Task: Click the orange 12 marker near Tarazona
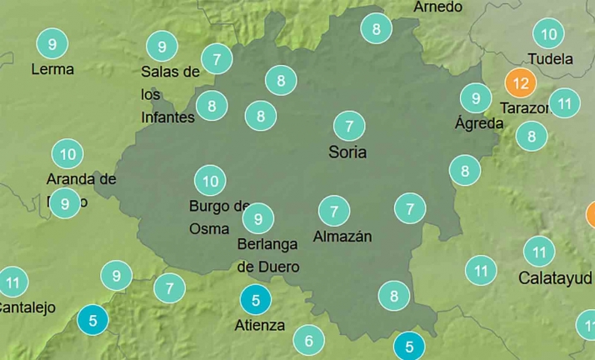pos(521,83)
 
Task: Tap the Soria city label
pos(347,152)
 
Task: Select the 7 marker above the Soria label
pos(348,127)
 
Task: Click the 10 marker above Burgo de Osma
pos(210,181)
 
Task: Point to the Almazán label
pos(342,237)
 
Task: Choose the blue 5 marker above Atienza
pos(255,299)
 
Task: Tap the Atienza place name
pos(260,325)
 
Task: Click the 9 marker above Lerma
pos(52,43)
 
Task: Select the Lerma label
pos(52,69)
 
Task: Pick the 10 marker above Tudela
pos(548,34)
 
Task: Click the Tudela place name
pos(551,59)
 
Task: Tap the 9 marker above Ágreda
pos(476,98)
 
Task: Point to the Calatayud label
pos(555,277)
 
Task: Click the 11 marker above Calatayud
pos(538,252)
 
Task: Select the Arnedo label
pos(437,7)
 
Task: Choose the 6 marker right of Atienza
pos(309,340)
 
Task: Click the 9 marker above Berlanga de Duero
pos(258,218)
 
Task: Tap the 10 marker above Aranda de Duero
pos(67,154)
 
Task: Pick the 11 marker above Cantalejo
pos(12,282)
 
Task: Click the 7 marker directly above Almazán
pos(333,211)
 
